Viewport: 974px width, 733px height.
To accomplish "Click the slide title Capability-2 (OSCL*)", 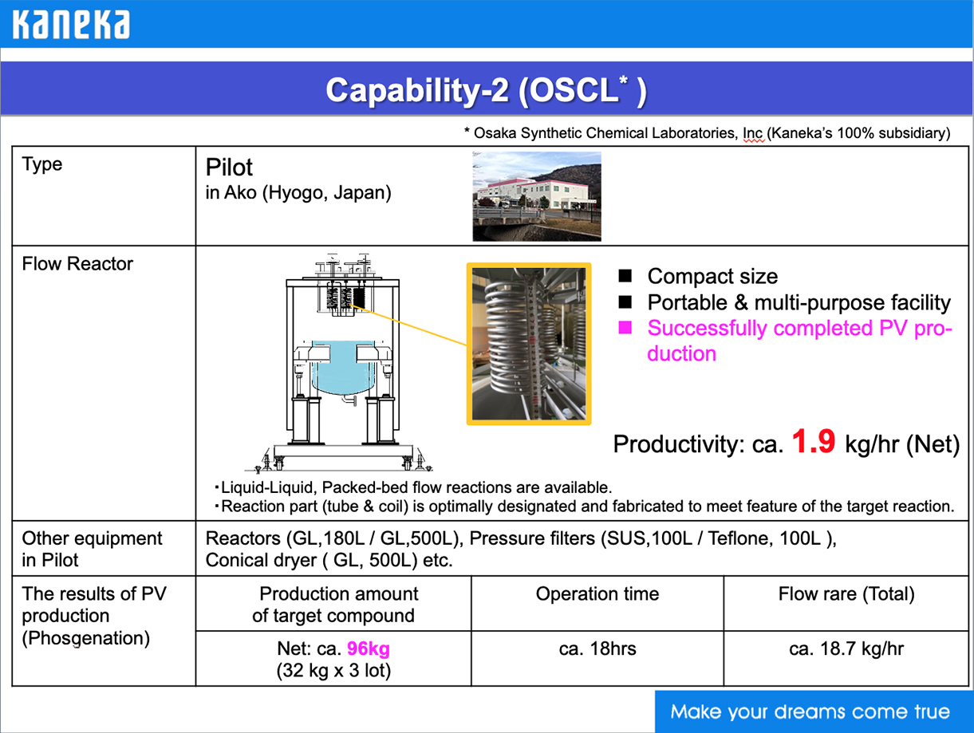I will click(x=486, y=90).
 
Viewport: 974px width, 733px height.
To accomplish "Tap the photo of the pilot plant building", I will click(x=536, y=196).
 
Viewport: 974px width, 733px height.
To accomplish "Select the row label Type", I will click(x=42, y=164).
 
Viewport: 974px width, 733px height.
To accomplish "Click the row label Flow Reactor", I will click(x=77, y=264).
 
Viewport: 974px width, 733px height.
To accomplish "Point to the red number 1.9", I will click(x=813, y=442).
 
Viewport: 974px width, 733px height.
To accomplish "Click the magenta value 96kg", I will click(x=369, y=648).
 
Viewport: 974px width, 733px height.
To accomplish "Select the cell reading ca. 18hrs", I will click(x=597, y=648).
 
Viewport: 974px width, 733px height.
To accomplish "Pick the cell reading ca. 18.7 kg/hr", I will click(x=846, y=648).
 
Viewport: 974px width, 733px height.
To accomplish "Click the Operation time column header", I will click(x=597, y=594).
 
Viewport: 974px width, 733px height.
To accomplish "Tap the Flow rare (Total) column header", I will click(x=846, y=594).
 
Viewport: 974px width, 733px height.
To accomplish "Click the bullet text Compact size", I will click(x=712, y=277).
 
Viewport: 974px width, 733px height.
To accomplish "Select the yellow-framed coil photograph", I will click(x=529, y=344).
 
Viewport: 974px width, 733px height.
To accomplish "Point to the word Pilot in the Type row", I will click(x=229, y=167).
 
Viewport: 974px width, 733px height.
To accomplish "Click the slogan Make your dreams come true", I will click(x=810, y=711).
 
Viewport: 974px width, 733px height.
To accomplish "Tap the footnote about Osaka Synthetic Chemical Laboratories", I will click(x=707, y=133).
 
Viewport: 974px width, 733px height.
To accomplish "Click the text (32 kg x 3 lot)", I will click(x=333, y=671).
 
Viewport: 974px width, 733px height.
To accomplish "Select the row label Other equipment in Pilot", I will click(x=92, y=549).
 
